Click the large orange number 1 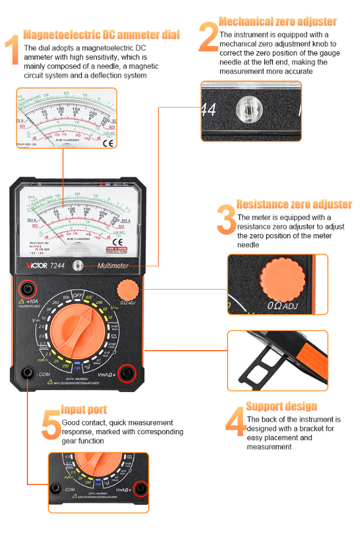[12, 50]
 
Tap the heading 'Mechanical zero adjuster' [278, 22]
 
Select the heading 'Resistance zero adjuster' [294, 205]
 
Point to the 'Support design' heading [281, 407]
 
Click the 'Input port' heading [84, 410]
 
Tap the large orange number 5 [51, 425]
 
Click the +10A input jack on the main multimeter [27, 290]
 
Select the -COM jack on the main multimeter [27, 374]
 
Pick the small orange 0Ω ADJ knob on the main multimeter [127, 291]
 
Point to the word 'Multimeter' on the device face [113, 266]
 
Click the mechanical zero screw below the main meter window [76, 265]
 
